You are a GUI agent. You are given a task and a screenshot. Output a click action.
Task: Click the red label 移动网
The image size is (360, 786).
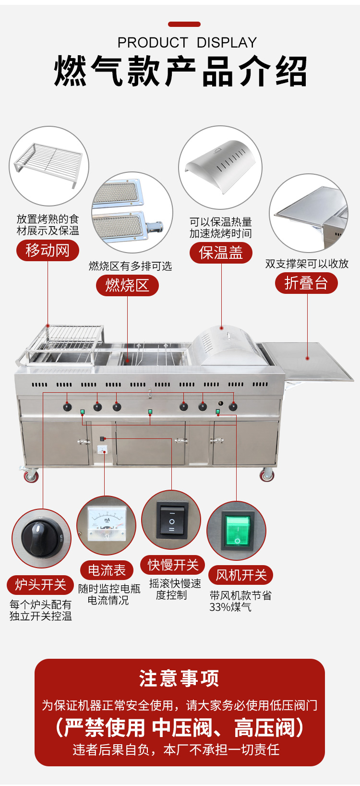(x=48, y=250)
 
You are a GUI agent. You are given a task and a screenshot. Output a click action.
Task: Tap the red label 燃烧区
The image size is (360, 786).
(x=127, y=285)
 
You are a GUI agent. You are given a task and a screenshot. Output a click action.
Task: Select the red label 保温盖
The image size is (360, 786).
(x=221, y=253)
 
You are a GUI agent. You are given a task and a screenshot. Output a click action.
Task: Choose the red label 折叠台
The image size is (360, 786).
(x=306, y=283)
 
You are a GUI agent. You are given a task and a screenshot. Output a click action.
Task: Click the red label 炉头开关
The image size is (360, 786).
(x=40, y=584)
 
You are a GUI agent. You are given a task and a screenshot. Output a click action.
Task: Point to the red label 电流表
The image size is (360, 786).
(x=107, y=570)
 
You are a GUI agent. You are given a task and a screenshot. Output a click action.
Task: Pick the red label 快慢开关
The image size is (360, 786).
(x=173, y=565)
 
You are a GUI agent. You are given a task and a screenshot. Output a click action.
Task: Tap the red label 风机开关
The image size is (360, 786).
(x=241, y=575)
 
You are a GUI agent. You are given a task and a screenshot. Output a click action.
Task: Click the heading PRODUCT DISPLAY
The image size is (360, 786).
(x=187, y=43)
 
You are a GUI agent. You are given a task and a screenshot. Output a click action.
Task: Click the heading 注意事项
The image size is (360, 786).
(x=180, y=679)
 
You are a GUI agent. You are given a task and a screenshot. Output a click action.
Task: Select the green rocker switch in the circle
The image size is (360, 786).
(x=237, y=531)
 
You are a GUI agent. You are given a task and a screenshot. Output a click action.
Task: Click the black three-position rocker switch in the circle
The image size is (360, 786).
(x=172, y=520)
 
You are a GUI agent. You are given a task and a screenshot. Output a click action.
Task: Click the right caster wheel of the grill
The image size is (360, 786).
(x=267, y=475)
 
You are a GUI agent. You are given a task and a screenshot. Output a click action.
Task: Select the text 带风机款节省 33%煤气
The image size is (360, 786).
(x=240, y=601)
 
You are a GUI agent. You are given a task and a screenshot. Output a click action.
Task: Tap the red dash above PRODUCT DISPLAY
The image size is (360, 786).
(x=184, y=24)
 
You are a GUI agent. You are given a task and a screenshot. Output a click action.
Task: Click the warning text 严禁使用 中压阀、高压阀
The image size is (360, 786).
(x=180, y=728)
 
